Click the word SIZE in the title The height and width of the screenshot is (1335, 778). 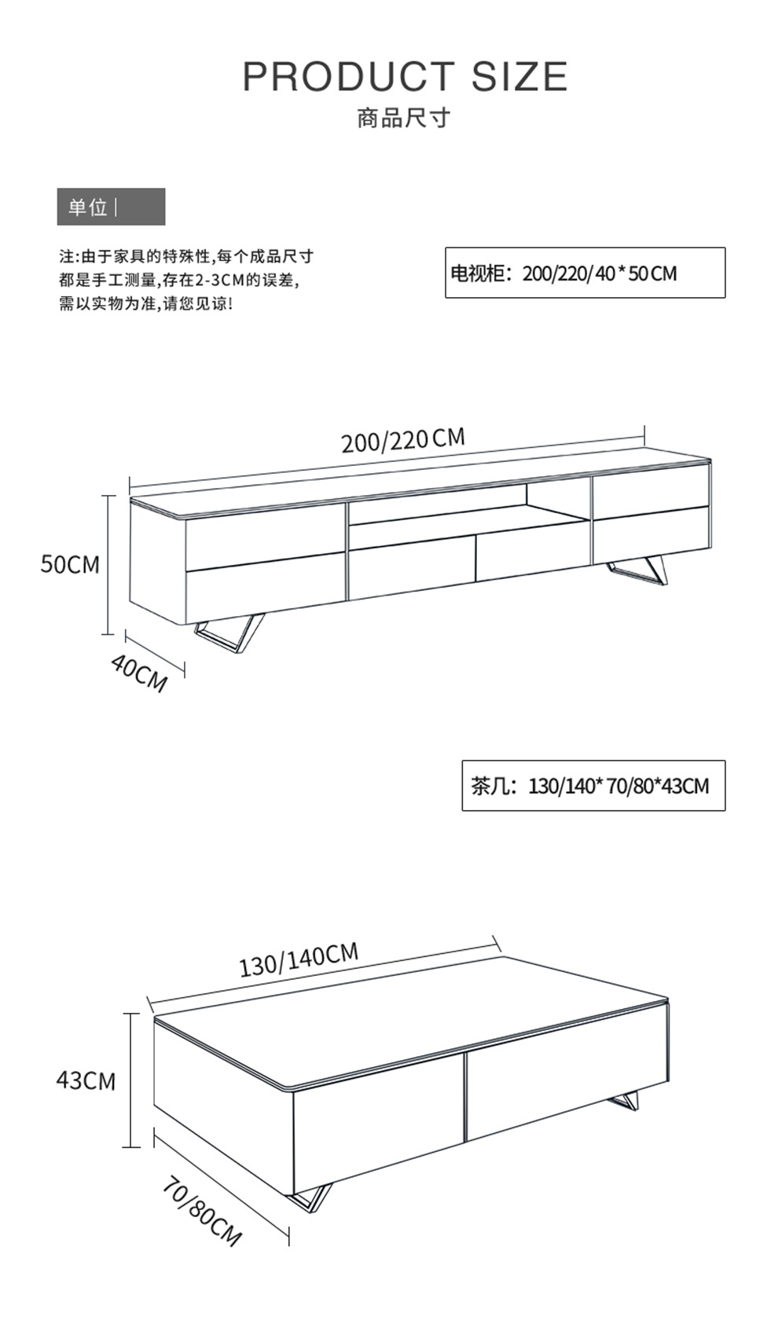tap(519, 76)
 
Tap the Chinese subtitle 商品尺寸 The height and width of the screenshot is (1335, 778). tap(404, 118)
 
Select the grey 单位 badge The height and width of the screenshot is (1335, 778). tap(111, 207)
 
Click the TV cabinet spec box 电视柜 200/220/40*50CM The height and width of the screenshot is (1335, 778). tap(585, 273)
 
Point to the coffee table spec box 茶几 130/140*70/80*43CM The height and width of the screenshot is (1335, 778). tap(593, 786)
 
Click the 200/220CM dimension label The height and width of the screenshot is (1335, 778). tap(403, 441)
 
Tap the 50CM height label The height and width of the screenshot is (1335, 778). tap(71, 564)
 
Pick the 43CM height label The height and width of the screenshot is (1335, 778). tap(86, 1080)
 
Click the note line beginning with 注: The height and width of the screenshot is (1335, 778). tap(186, 257)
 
